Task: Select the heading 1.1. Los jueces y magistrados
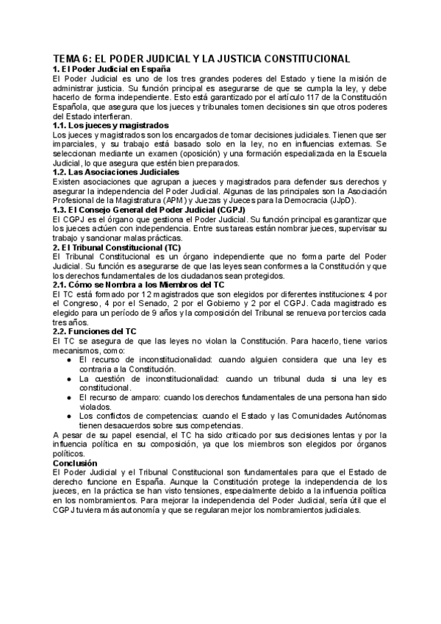pos(111,126)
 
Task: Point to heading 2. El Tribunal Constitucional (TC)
pos(117,248)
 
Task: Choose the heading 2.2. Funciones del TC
pos(95,332)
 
